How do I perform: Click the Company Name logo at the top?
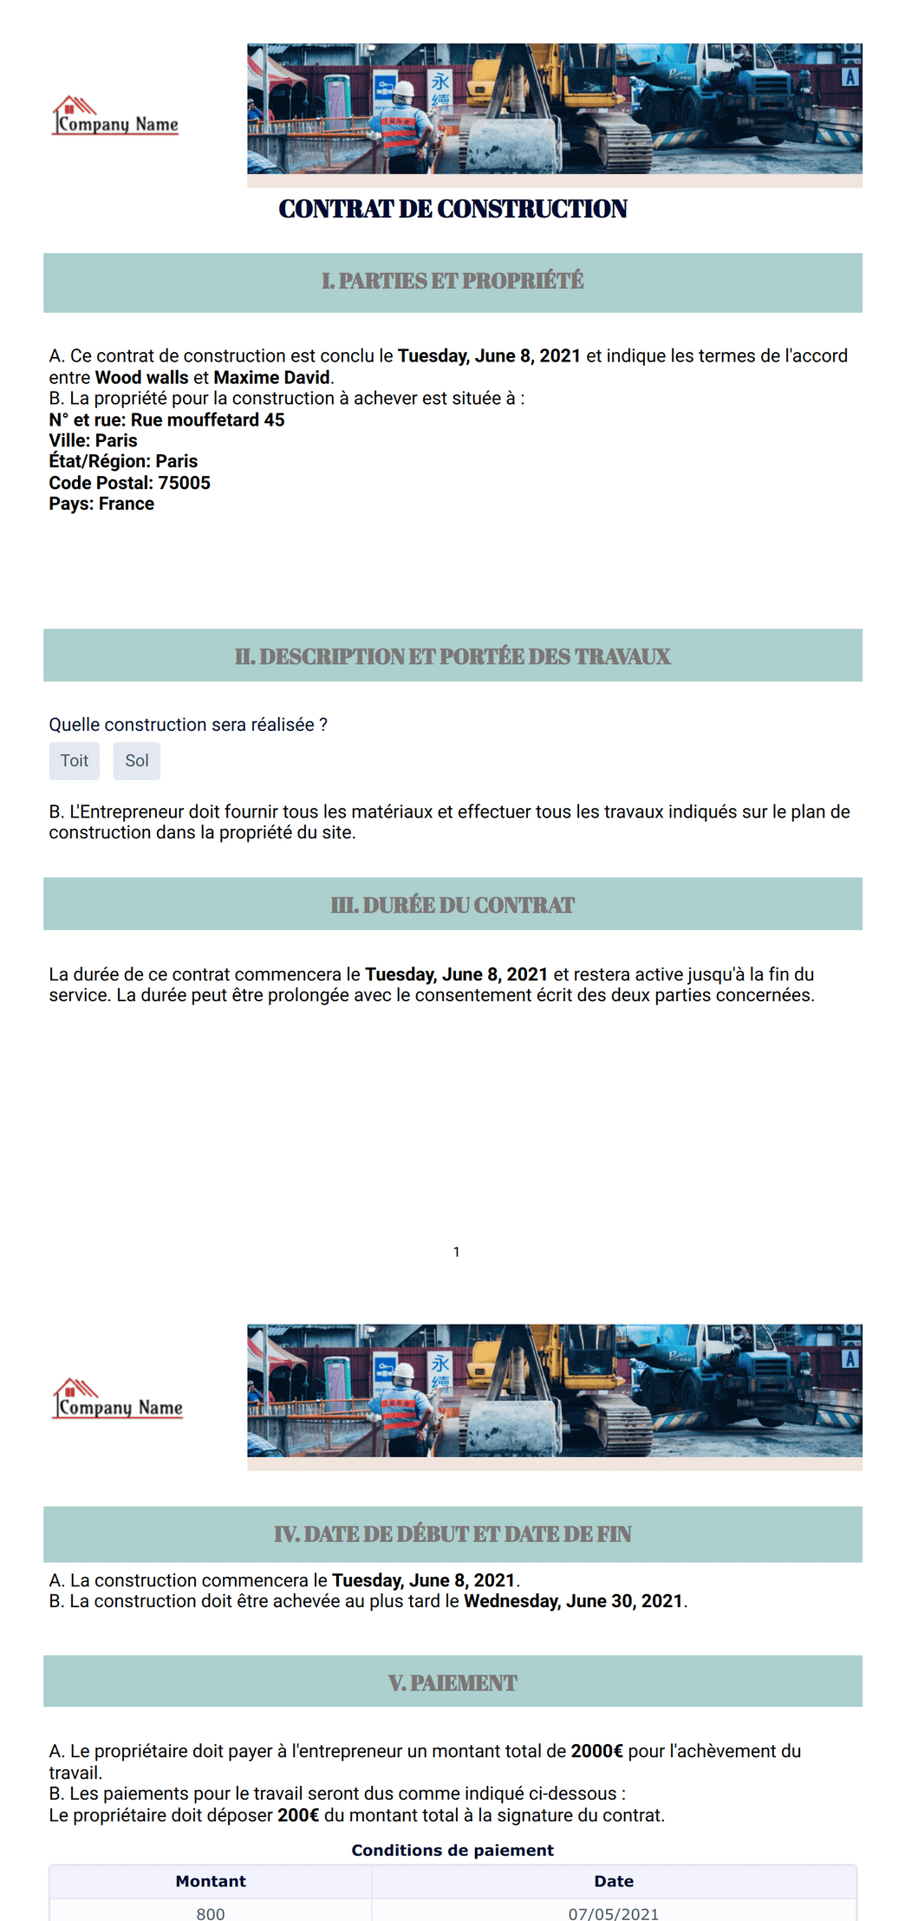tap(115, 117)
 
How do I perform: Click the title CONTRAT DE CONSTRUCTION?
tap(452, 209)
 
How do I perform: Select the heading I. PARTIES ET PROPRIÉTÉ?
tap(452, 282)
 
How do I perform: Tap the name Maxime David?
tap(271, 377)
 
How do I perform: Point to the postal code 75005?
tap(184, 483)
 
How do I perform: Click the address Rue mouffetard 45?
tap(207, 420)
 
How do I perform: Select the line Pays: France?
tap(101, 504)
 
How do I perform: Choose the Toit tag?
tap(75, 761)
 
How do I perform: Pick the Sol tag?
tap(137, 761)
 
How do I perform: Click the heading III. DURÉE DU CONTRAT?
tap(452, 905)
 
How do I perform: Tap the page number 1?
tap(456, 1252)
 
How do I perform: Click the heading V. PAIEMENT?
tap(452, 1683)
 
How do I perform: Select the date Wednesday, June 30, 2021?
tap(573, 1601)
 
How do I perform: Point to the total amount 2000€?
tap(596, 1751)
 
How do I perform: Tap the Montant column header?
tap(211, 1881)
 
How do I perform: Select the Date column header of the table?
tap(614, 1881)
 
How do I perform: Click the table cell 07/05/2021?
tap(614, 1913)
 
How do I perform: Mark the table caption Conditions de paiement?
tap(452, 1850)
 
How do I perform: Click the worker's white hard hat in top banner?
tap(404, 88)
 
